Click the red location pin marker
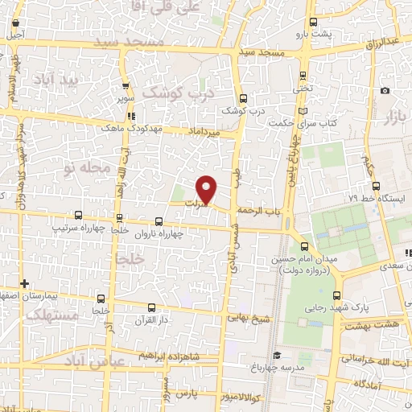click(x=207, y=189)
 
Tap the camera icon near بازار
click(x=385, y=90)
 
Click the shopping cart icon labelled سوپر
click(x=125, y=90)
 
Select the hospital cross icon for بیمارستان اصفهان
click(x=26, y=283)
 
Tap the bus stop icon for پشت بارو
click(x=314, y=22)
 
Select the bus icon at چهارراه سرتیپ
click(x=78, y=215)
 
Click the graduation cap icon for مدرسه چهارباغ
click(x=275, y=355)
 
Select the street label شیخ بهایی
click(x=250, y=318)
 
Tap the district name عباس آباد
click(x=117, y=363)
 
